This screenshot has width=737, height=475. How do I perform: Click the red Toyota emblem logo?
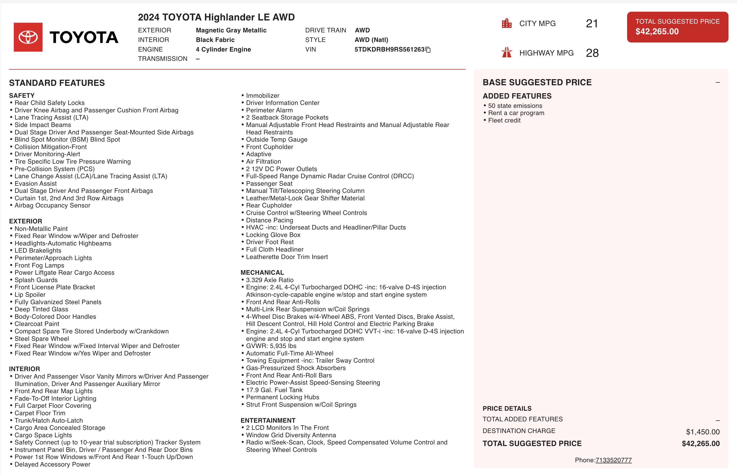28,37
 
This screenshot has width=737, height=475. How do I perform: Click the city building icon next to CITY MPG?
507,23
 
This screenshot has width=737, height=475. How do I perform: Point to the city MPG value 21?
592,23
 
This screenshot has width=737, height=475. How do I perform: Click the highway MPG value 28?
592,53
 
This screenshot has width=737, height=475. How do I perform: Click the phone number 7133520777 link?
613,460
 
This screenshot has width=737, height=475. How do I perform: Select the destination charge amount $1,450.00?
702,432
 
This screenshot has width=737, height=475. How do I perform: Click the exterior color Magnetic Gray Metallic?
231,30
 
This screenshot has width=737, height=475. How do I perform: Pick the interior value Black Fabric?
215,40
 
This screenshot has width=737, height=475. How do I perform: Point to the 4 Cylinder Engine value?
223,49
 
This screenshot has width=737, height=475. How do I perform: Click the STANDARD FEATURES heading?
57,83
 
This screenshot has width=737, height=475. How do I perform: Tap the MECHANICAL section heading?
262,273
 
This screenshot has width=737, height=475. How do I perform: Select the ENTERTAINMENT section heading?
268,420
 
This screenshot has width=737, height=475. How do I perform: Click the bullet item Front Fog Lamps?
39,265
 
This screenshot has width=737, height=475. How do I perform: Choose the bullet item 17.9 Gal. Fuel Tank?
274,390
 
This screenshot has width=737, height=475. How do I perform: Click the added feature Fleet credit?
504,120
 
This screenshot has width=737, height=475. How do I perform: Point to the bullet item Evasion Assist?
36,184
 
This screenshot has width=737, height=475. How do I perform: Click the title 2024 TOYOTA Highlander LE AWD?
216,17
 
